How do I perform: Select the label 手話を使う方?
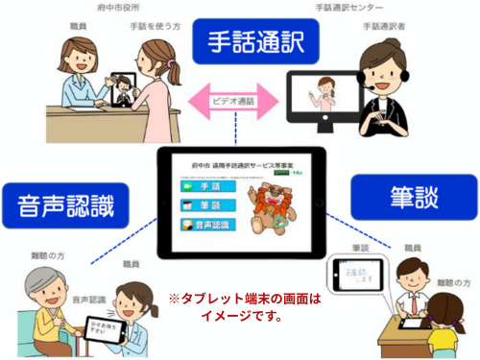coord(152,30)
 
